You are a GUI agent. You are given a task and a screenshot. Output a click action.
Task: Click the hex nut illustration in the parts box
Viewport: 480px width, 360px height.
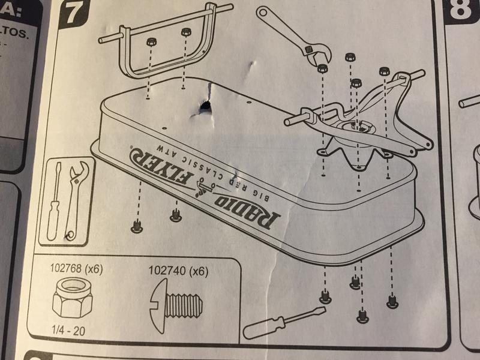[67, 299]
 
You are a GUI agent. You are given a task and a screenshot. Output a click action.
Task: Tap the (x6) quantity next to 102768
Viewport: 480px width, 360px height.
[93, 269]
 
